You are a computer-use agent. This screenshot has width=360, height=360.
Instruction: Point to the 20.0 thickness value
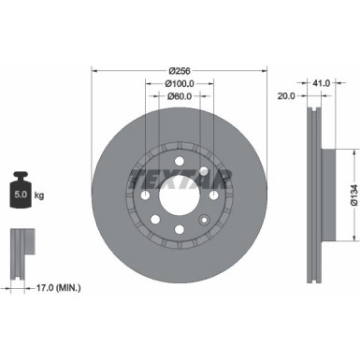[x=285, y=95]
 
